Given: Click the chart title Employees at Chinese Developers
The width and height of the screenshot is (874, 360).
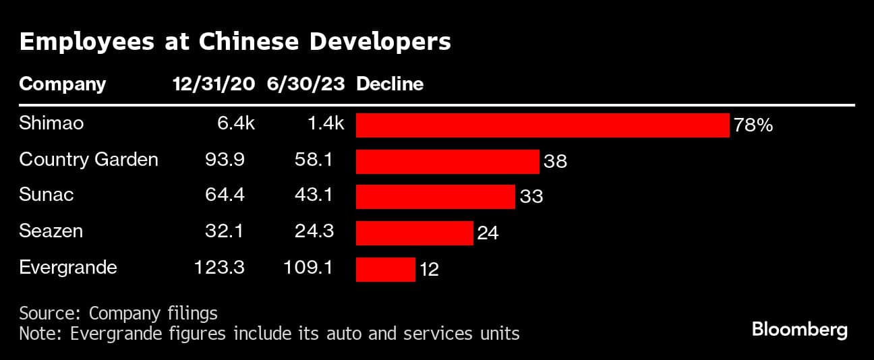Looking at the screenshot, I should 235,42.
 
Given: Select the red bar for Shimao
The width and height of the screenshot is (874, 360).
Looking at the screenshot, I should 542,125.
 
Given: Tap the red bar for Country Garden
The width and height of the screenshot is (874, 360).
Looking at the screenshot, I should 447,161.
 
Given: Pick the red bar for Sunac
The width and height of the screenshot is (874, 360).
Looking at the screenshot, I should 435,197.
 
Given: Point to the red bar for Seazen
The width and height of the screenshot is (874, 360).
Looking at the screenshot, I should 414,233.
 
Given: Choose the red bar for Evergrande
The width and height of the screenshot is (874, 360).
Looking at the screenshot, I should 385,269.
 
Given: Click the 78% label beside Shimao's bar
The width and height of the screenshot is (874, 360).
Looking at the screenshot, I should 753,125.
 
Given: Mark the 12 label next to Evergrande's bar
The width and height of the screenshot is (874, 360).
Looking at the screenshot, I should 429,270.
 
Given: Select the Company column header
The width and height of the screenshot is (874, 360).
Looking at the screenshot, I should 63,84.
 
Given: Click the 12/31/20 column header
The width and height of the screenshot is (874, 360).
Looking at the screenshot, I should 214,84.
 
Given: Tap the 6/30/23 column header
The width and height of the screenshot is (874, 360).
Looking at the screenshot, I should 305,84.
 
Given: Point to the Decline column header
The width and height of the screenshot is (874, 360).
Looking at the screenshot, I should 390,84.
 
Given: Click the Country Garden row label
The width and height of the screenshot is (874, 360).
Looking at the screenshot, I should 88,160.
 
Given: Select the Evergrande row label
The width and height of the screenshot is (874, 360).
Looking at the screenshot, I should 68,267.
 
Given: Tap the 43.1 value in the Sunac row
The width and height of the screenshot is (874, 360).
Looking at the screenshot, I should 314,196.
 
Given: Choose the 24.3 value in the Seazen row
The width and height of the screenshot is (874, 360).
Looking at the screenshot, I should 314,231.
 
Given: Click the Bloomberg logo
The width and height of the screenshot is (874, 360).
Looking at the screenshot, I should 799,330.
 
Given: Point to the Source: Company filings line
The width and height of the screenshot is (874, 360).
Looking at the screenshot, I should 118,313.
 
